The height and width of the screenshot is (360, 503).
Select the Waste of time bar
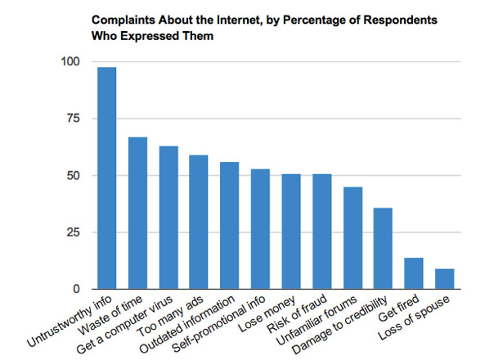(x=138, y=214)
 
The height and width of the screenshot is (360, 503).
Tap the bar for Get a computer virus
(x=168, y=218)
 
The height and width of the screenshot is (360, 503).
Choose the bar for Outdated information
(x=230, y=226)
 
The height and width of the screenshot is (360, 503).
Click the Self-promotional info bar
(x=261, y=229)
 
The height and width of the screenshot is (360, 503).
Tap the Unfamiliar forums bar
(x=353, y=238)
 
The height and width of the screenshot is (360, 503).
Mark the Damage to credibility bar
(x=383, y=249)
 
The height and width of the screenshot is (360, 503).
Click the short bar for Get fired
(x=414, y=273)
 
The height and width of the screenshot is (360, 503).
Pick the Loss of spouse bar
(x=444, y=279)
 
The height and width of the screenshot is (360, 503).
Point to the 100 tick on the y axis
(x=70, y=62)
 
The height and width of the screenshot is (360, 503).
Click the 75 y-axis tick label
(x=74, y=119)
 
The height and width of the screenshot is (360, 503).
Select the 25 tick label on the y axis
(x=74, y=233)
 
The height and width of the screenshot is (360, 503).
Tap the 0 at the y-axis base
(x=77, y=290)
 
